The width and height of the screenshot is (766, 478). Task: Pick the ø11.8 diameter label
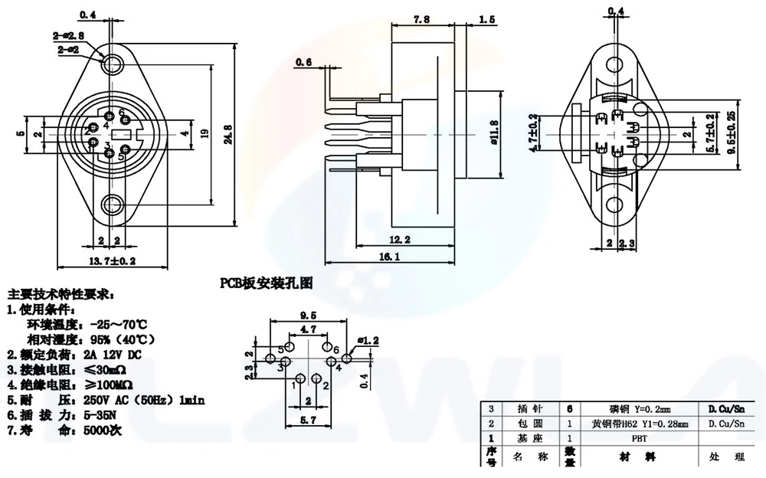click(495, 132)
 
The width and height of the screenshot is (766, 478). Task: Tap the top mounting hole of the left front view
click(113, 61)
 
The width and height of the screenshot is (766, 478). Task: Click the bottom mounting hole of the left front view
click(113, 205)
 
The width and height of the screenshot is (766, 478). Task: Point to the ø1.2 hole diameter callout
click(368, 339)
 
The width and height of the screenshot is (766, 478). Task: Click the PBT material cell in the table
click(637, 439)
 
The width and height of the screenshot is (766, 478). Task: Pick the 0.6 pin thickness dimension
click(304, 63)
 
